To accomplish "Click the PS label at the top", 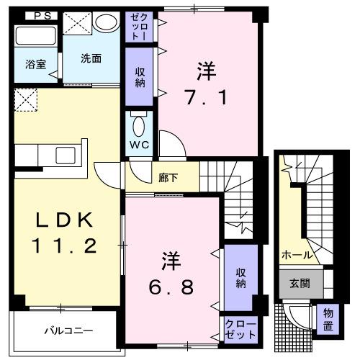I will [41, 16].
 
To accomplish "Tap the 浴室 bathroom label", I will [36, 64].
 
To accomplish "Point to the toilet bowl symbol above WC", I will [138, 125].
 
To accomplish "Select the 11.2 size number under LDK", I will [63, 247].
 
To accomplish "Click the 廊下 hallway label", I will [168, 177].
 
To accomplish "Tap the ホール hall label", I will [297, 255].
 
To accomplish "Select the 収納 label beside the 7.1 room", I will [140, 76].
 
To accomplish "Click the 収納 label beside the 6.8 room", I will [240, 276].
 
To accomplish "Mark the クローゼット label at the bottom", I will [240, 329].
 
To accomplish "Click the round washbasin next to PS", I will [106, 22].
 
